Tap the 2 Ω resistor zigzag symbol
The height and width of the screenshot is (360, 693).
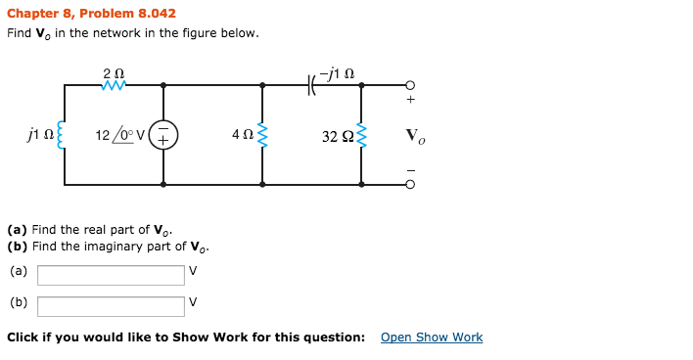pos(114,86)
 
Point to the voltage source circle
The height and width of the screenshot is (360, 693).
pos(163,135)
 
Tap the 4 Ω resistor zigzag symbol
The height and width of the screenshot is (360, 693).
pos(262,135)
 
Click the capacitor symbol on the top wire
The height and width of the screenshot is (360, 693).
pos(312,86)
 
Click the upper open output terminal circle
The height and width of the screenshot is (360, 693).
pos(411,85)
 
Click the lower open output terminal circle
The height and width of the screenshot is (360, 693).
pos(411,183)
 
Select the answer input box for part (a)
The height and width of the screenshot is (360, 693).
pos(111,275)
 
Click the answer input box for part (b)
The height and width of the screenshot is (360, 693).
pos(111,306)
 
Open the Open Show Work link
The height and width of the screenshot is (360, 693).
pos(432,337)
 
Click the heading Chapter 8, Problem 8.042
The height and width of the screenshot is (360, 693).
pos(91,13)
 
